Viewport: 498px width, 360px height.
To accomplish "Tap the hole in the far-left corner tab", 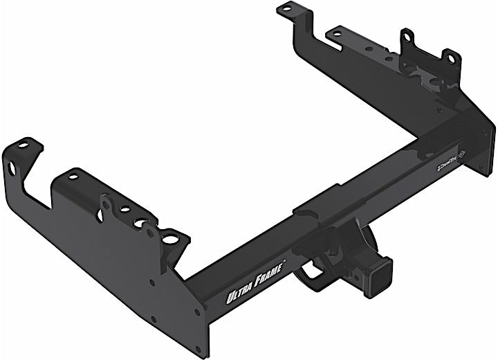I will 24,145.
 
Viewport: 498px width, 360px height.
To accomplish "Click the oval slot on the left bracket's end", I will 12,168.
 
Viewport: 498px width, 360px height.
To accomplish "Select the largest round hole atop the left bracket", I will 169,239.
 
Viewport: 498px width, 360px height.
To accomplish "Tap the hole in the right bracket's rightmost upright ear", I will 450,60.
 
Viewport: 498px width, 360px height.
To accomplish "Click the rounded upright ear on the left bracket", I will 106,203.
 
